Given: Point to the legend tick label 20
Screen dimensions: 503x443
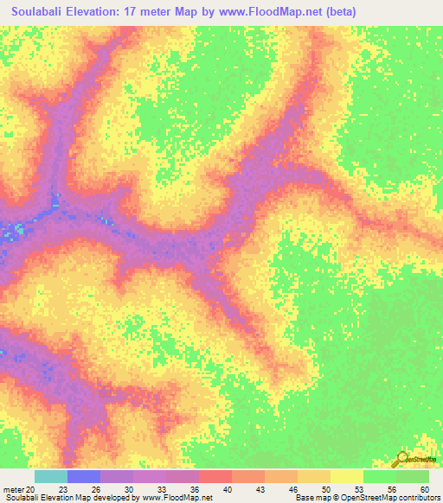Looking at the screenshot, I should [x=32, y=488].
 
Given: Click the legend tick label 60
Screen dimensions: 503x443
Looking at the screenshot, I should [x=423, y=488].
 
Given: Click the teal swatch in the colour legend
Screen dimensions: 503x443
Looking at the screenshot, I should [x=51, y=476].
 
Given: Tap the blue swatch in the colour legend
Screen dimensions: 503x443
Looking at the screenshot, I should [x=84, y=476].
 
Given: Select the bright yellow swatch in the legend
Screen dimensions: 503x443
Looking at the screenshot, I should [x=346, y=476].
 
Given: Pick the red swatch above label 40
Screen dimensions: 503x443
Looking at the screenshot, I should [x=215, y=476].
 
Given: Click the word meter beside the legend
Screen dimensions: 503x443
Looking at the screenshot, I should [x=13, y=488].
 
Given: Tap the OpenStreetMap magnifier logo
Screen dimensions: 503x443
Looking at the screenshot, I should [x=402, y=459].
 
